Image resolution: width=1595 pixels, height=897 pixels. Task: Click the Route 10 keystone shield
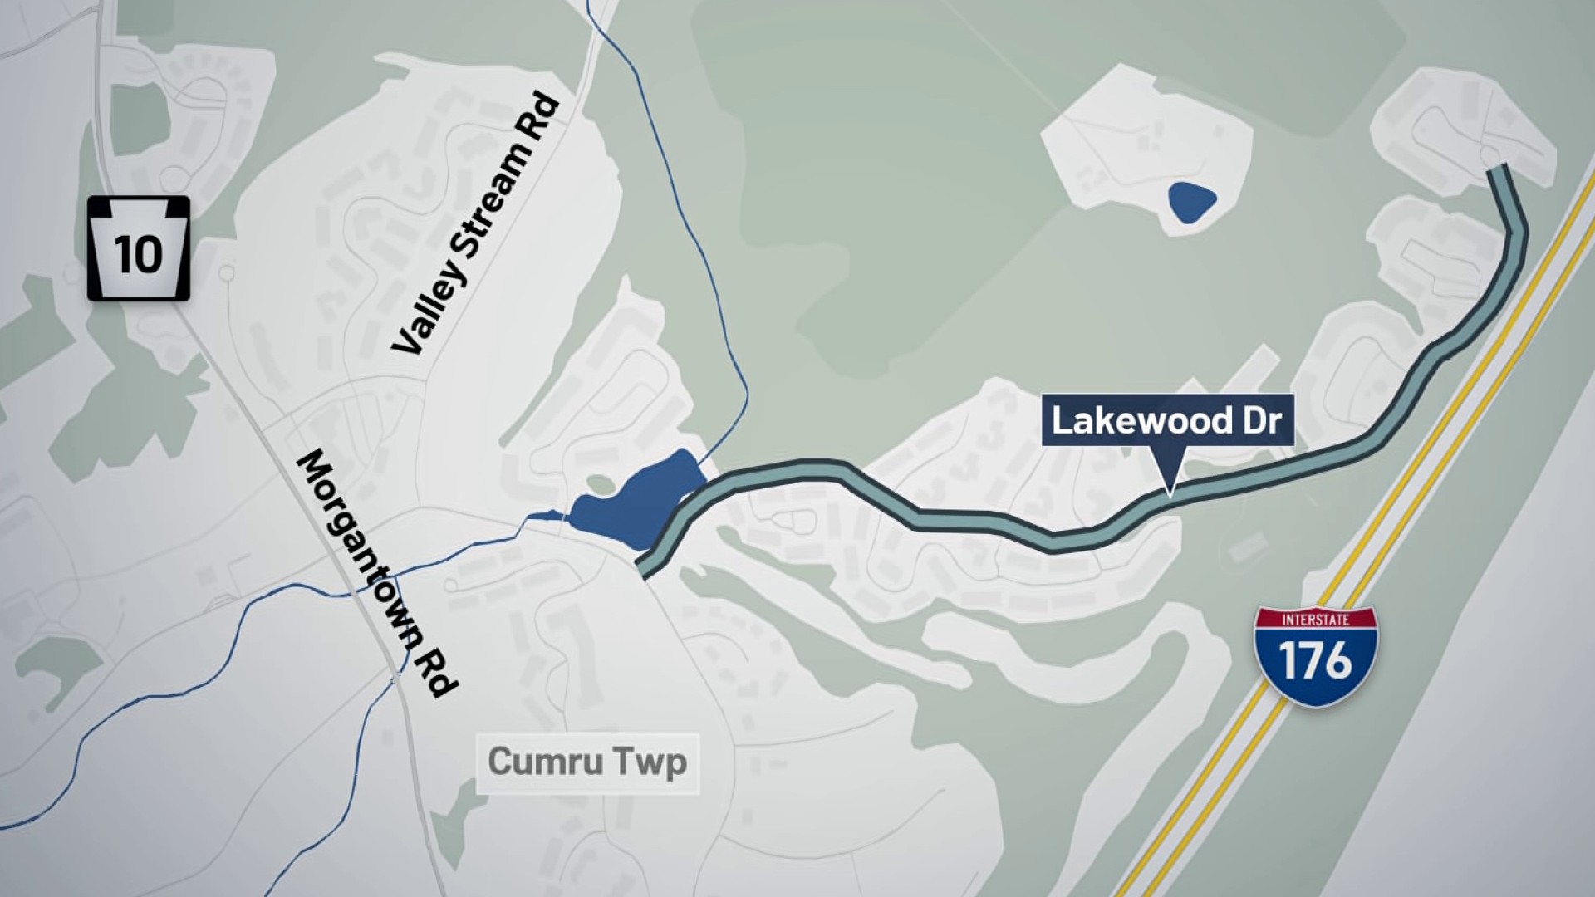tap(139, 248)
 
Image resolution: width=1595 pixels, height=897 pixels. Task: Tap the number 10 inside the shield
tap(139, 253)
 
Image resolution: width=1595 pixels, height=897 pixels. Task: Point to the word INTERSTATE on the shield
tap(1315, 620)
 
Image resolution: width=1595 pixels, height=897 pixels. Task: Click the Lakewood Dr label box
tap(1167, 420)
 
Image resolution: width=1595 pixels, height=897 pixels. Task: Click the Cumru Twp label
tap(587, 762)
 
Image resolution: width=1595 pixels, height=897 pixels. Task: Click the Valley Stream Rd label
tap(476, 224)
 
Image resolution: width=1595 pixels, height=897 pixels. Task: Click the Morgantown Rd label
tap(378, 573)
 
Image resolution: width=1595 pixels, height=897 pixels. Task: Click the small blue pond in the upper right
tap(1190, 202)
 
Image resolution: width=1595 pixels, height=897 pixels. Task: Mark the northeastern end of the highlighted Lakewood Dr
tap(1498, 170)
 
